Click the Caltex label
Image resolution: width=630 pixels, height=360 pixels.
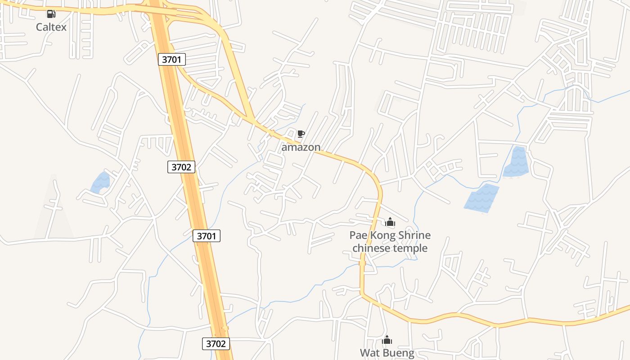click(51, 27)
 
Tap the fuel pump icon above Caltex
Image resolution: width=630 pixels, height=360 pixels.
click(51, 14)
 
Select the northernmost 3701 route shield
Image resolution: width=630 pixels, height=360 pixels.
click(172, 59)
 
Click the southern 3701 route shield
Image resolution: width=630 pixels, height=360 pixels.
click(207, 235)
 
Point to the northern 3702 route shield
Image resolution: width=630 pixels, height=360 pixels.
click(182, 167)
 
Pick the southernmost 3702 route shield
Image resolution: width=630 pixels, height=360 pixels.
click(216, 344)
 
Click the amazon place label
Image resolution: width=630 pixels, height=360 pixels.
click(301, 147)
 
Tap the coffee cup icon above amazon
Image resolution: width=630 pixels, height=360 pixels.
click(301, 134)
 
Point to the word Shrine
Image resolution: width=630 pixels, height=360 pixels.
click(414, 235)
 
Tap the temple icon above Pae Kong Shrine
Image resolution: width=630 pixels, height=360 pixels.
click(390, 222)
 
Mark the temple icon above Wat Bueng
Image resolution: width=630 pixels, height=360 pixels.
click(387, 340)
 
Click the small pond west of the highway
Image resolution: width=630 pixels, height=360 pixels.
click(100, 183)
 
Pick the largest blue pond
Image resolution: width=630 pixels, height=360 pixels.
click(481, 197)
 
